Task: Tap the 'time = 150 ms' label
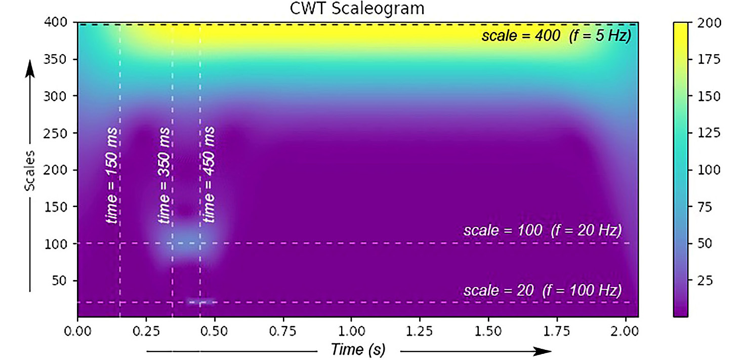coord(112,175)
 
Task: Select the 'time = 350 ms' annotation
coord(164,175)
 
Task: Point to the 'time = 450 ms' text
coord(209,175)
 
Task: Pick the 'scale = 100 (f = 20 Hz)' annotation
coord(542,230)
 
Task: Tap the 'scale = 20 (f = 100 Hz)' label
coord(542,291)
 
